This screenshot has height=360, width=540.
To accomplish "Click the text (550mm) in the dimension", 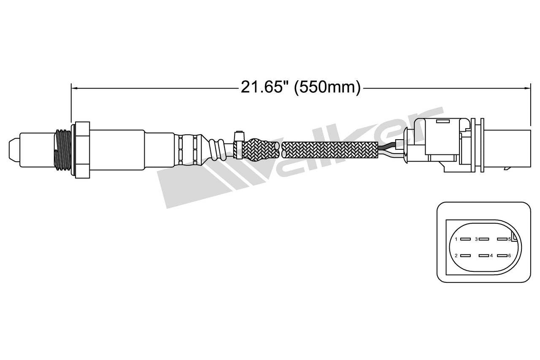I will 327,87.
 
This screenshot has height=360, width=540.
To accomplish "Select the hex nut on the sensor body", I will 82,150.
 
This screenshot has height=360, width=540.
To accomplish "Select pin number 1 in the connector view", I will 465,239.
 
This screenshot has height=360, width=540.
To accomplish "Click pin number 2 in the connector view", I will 465,255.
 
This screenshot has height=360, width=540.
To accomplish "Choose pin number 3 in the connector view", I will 484,239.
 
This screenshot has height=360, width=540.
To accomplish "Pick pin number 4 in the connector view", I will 484,255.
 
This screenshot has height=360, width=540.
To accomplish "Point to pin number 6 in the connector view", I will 502,255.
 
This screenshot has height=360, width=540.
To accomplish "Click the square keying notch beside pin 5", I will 513,239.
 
